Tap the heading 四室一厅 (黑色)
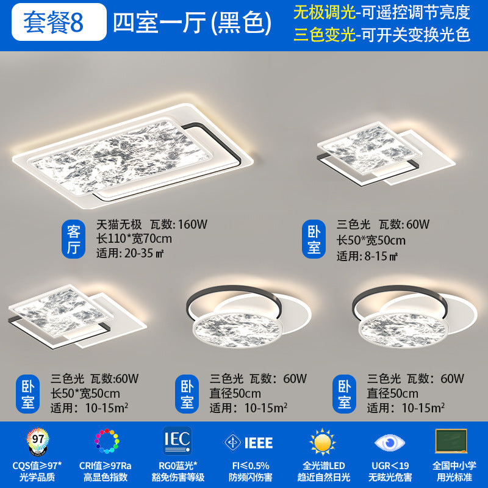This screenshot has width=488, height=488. [192, 23]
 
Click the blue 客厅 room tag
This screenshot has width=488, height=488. [74, 239]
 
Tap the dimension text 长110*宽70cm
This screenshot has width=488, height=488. [134, 238]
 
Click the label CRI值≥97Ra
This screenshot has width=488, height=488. [105, 465]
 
